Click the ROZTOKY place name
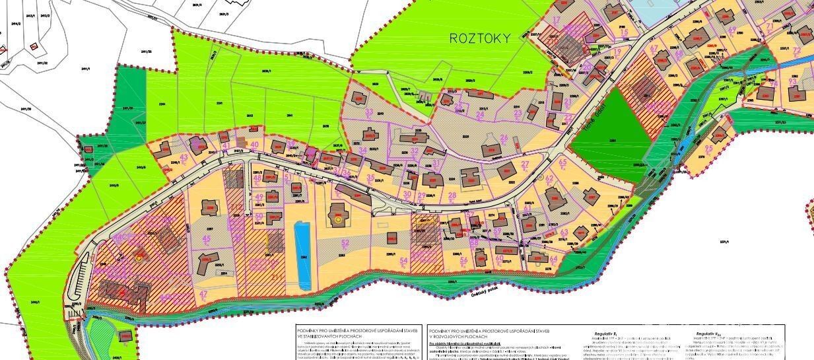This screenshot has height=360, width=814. click(x=480, y=38)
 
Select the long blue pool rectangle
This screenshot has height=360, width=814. click(x=302, y=256)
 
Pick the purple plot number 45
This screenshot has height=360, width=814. click(x=207, y=239)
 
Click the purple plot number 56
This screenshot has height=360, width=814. click(x=463, y=260)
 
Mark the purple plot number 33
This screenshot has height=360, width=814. click(x=370, y=112)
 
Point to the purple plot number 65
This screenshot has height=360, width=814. click(x=562, y=162)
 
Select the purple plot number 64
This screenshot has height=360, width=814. click(x=553, y=258)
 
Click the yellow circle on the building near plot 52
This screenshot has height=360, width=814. click(x=337, y=217)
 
